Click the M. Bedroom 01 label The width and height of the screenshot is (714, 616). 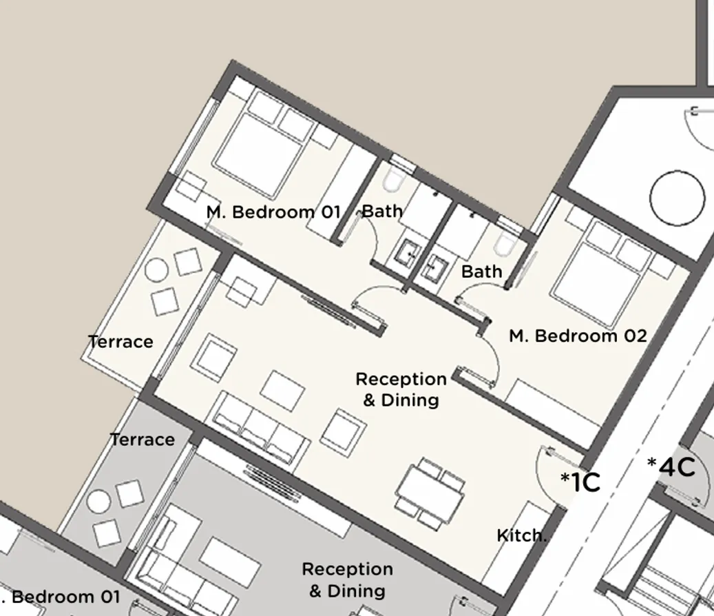[273, 212]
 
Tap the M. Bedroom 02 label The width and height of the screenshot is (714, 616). [578, 336]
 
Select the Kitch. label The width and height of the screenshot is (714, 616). [521, 535]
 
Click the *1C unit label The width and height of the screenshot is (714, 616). [580, 482]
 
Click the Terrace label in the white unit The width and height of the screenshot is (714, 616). [120, 341]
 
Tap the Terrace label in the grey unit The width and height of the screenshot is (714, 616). [143, 439]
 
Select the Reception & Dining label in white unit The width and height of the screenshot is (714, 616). [401, 389]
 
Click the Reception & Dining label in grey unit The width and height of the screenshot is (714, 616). [347, 579]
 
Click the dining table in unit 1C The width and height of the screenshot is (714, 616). [430, 493]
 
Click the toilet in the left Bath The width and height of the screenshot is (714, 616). [394, 180]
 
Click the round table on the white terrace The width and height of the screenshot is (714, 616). [156, 271]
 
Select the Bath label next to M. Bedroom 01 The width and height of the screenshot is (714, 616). [382, 211]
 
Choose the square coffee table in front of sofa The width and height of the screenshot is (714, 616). [282, 391]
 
